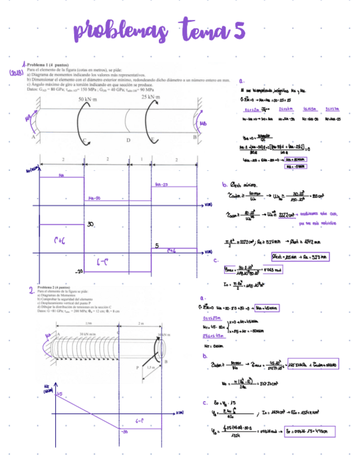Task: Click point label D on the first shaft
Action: (x=129, y=141)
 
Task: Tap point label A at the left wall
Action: (x=33, y=136)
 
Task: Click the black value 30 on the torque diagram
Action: (x=91, y=224)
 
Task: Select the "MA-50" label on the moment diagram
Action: (x=95, y=199)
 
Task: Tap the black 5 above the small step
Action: (x=157, y=245)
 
